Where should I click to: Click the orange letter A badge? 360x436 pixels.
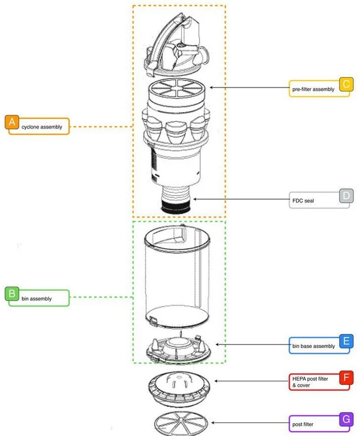click(x=12, y=122)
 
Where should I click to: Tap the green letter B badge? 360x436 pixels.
click(x=12, y=294)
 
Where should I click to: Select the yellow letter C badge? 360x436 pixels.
click(x=346, y=84)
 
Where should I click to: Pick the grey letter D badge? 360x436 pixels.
click(x=346, y=196)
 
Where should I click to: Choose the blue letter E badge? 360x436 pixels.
click(x=346, y=341)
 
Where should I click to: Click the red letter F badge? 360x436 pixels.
click(x=346, y=378)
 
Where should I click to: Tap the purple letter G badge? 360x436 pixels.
click(x=346, y=419)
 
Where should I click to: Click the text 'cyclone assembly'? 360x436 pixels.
click(x=42, y=127)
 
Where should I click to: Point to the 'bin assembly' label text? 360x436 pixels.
click(x=37, y=299)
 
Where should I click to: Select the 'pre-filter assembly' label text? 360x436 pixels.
click(x=313, y=89)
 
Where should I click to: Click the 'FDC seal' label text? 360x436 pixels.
click(x=303, y=201)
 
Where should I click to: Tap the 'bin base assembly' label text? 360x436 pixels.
click(x=313, y=346)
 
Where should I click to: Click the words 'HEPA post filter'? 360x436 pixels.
click(x=310, y=379)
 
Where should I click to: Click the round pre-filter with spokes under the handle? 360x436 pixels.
click(x=177, y=88)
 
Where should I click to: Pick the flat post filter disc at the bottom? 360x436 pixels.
click(x=181, y=424)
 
